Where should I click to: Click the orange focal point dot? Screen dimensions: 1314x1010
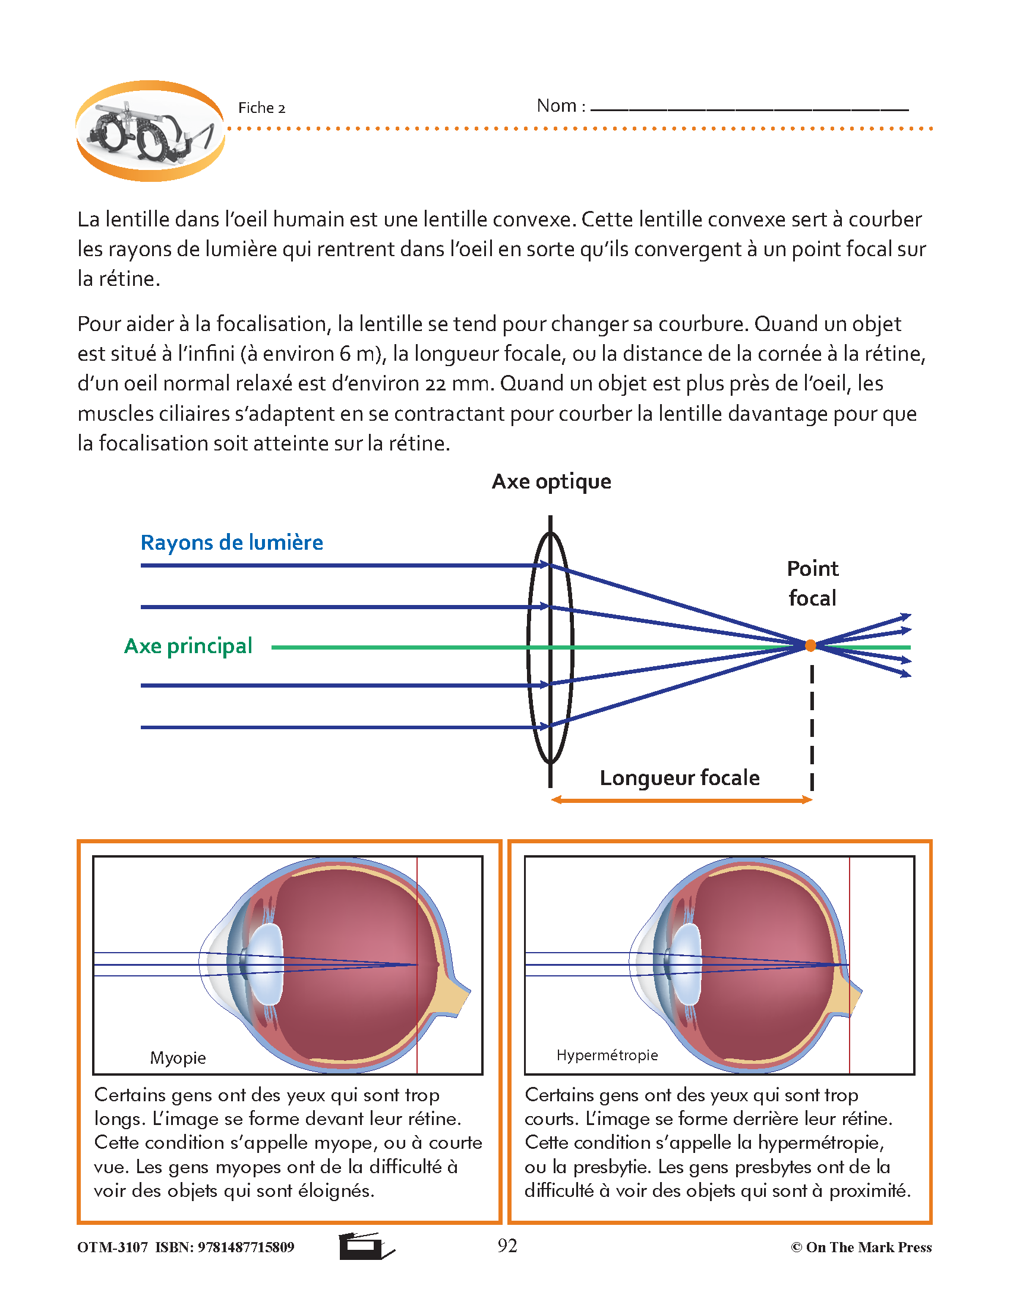tap(810, 646)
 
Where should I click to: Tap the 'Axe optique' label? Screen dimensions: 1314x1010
tap(551, 482)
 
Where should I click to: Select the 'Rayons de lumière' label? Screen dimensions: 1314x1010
tap(232, 543)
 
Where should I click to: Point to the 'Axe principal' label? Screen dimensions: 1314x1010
tap(188, 646)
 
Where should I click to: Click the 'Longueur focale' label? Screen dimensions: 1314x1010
tap(679, 777)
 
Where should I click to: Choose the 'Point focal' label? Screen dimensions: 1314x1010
tap(812, 583)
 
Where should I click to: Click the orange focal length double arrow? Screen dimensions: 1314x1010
tap(682, 800)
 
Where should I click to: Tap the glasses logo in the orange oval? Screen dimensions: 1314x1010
tap(150, 131)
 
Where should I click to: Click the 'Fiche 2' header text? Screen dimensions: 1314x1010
tap(261, 108)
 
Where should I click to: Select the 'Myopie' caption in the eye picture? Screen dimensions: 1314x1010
tap(178, 1057)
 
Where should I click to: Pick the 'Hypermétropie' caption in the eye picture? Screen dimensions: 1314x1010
tap(607, 1055)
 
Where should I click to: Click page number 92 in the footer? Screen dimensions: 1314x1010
tap(507, 1246)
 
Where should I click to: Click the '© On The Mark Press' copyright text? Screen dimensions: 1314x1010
tap(861, 1247)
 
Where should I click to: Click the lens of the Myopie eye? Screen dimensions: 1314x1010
tap(266, 965)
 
